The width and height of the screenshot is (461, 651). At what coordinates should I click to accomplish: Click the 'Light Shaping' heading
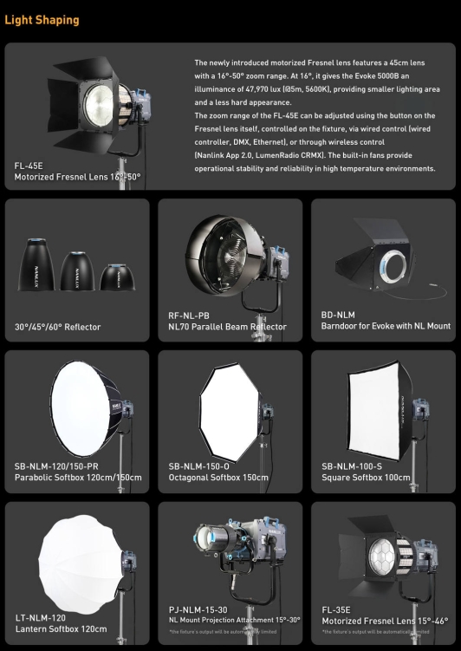(x=42, y=20)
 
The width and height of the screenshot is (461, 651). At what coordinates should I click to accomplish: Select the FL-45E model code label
(x=29, y=165)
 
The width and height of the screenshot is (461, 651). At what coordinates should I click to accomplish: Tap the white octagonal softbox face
(x=229, y=407)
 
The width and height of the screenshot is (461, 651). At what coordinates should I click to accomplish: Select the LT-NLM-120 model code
(x=41, y=618)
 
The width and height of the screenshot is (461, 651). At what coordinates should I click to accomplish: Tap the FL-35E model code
(x=338, y=609)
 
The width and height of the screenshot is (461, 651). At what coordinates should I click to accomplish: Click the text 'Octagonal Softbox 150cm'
(x=218, y=478)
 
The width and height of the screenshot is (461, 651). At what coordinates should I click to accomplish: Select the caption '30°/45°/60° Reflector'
(x=57, y=327)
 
